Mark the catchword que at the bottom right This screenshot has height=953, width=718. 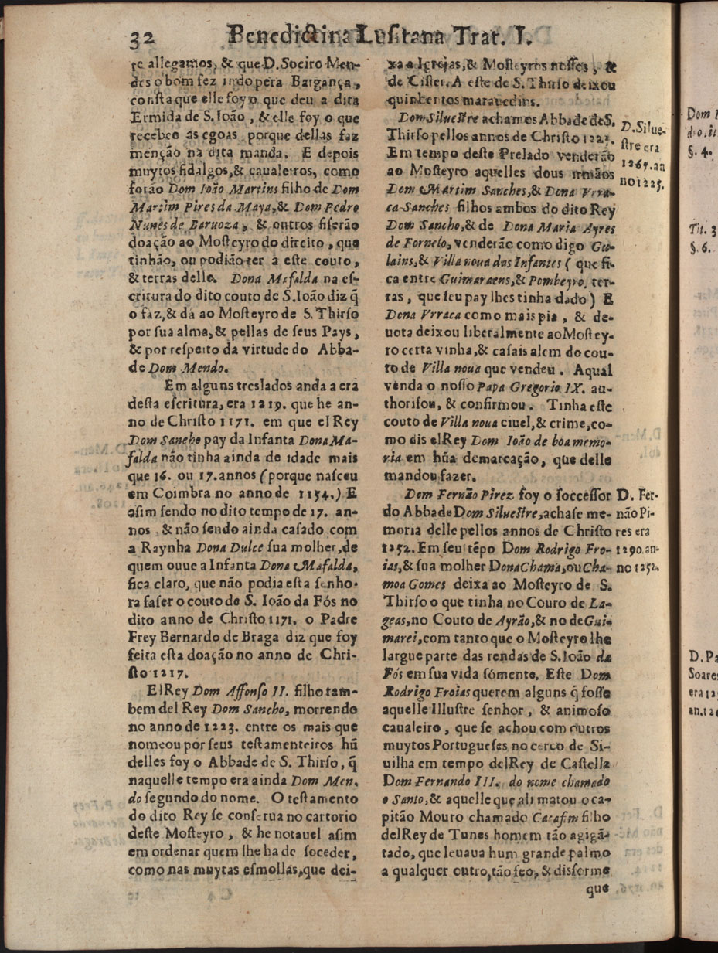coord(597,888)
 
